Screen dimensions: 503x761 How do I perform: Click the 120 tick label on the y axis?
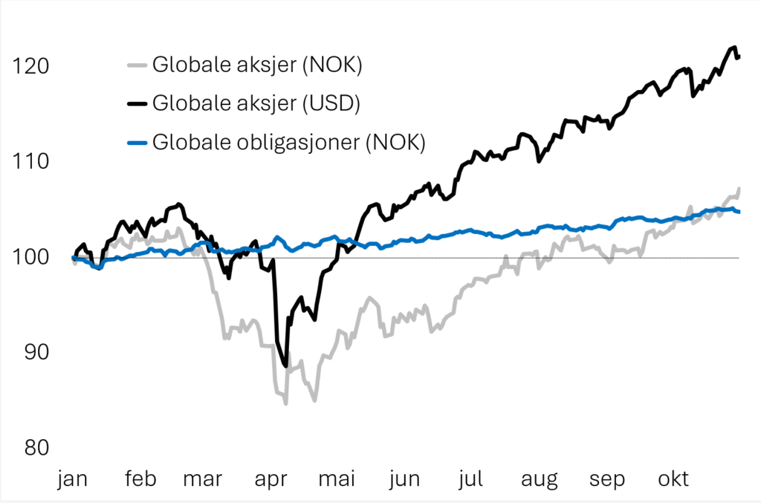click(30, 66)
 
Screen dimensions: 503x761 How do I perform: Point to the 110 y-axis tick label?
click(30, 161)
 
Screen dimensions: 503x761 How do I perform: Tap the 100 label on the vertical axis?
click(30, 257)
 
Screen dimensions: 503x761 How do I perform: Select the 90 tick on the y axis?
click(31, 352)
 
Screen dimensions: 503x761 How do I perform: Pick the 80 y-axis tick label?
click(31, 447)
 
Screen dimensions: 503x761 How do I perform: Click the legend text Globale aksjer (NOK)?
click(256, 65)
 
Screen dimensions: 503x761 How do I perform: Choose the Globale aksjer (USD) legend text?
click(256, 103)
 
